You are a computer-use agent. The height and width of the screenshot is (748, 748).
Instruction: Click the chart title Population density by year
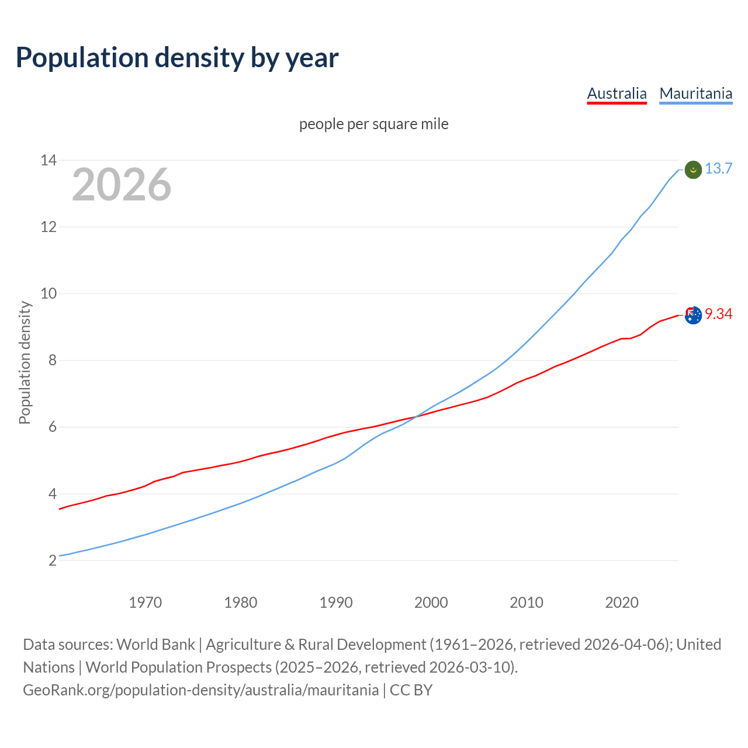point(176,58)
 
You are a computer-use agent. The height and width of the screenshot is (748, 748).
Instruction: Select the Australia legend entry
point(617,93)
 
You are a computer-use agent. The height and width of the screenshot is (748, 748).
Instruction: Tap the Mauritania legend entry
point(695,93)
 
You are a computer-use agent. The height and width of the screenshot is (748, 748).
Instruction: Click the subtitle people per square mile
point(373,124)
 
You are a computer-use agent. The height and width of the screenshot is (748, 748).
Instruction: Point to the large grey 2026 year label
point(122,185)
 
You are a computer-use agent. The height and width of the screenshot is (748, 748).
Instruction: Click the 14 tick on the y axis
point(48,160)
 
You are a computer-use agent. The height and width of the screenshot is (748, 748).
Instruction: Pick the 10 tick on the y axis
point(48,293)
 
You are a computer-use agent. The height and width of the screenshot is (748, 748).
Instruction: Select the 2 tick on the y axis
point(53,560)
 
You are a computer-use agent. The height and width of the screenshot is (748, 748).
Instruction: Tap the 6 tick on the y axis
point(53,427)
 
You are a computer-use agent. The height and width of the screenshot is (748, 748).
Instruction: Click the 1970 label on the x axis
point(145,602)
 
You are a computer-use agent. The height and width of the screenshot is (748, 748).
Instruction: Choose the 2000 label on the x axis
point(431,602)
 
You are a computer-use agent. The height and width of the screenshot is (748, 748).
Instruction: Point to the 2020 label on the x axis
point(621,602)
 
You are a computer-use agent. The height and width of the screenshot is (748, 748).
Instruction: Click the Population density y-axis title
point(25,362)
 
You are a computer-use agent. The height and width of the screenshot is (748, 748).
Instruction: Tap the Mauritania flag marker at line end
point(692,169)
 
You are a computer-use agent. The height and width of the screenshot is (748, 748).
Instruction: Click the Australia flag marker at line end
point(692,315)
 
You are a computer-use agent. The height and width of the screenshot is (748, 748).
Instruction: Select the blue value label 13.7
point(718,169)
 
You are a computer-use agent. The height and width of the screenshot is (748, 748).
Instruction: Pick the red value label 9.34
point(718,314)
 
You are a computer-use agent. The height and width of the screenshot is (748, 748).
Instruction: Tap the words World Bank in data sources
point(155,645)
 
